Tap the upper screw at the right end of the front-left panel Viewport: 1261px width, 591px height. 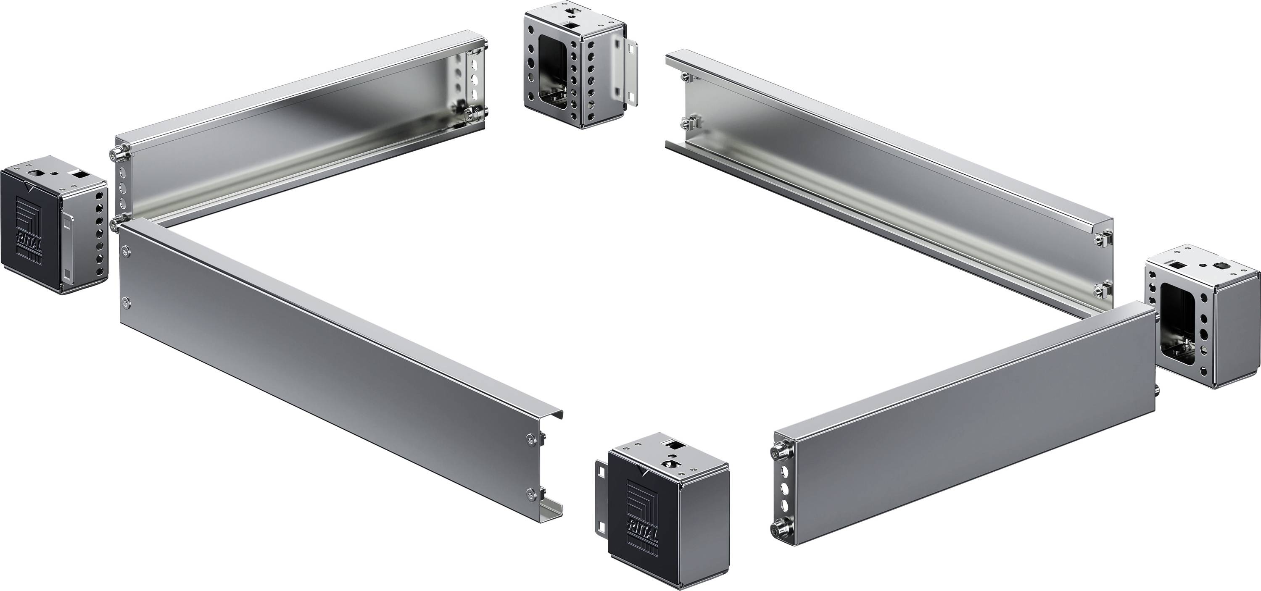pyautogui.click(x=532, y=439)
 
